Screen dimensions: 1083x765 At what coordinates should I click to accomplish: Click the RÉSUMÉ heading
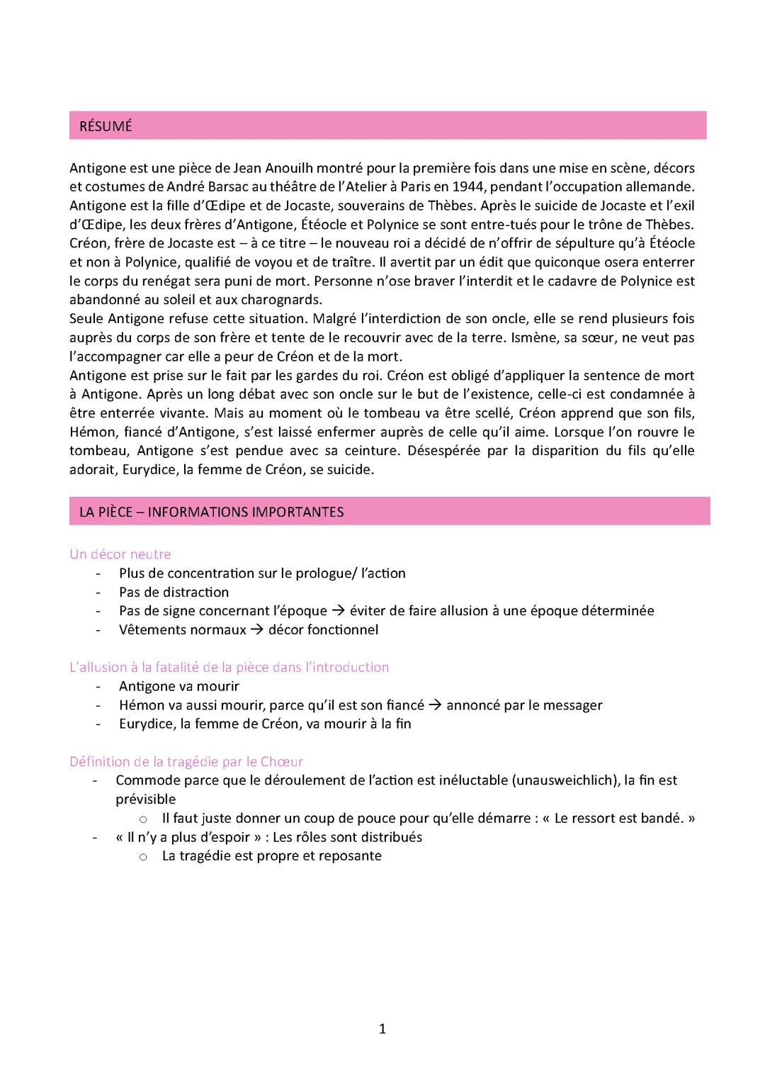[x=106, y=126]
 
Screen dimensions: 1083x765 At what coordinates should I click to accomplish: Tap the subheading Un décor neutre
[x=120, y=554]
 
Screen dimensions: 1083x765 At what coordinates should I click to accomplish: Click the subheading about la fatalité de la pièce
[x=229, y=667]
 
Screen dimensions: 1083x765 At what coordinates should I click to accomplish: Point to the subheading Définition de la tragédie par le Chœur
[x=186, y=762]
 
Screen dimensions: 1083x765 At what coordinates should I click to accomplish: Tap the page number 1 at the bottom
[x=382, y=1029]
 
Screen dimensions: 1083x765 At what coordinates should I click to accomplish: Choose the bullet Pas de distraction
[x=174, y=592]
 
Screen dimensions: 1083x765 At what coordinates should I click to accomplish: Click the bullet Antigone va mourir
[x=178, y=686]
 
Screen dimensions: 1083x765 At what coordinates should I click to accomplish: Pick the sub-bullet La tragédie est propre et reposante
[x=271, y=855]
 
